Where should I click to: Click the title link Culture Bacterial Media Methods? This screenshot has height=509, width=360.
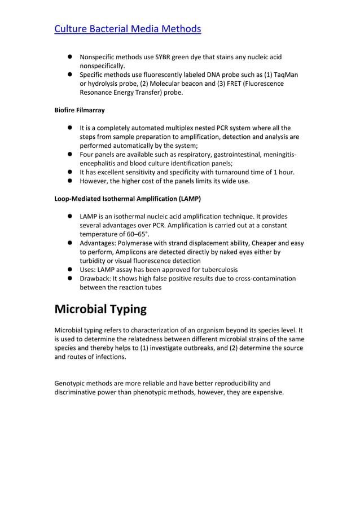(127, 28)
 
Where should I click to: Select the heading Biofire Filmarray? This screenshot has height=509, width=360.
(80, 110)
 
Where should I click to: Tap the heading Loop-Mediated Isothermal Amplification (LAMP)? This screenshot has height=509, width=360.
(128, 199)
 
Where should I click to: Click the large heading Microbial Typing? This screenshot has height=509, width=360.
(100, 309)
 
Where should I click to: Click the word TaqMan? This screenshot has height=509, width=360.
(286, 74)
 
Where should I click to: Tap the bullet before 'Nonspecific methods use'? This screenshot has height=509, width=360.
(71, 57)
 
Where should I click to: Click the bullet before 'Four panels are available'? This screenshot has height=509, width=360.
(71, 154)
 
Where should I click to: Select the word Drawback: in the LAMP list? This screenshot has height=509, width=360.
(96, 278)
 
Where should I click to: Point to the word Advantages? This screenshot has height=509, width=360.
(98, 243)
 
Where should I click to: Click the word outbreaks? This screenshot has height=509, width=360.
(195, 348)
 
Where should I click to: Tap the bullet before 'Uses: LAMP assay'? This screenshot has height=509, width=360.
(71, 270)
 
